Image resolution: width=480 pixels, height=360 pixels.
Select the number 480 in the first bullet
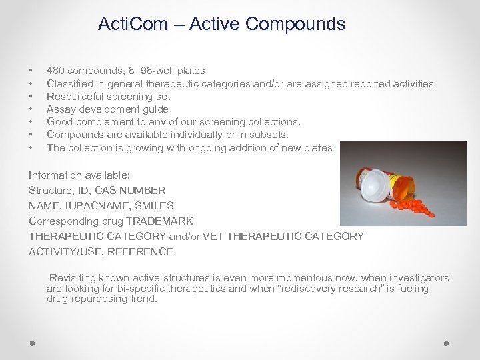[55, 71]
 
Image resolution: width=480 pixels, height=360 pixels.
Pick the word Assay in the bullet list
[60, 109]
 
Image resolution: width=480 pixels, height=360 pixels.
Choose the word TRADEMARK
[159, 221]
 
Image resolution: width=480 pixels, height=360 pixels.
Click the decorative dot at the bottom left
[32, 343]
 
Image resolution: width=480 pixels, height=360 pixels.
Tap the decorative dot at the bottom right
[446, 343]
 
